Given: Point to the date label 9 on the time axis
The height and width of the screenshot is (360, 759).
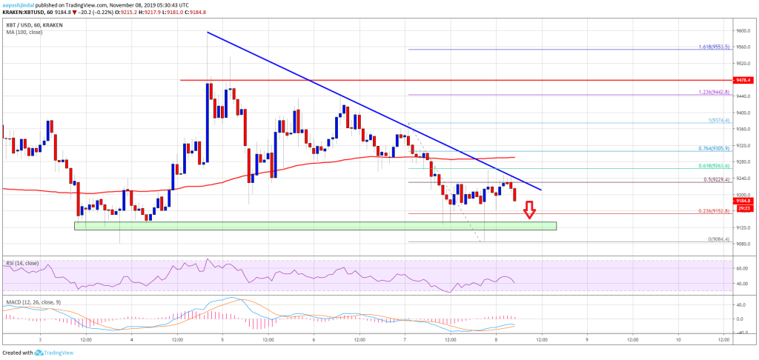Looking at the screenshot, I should [586, 339].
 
